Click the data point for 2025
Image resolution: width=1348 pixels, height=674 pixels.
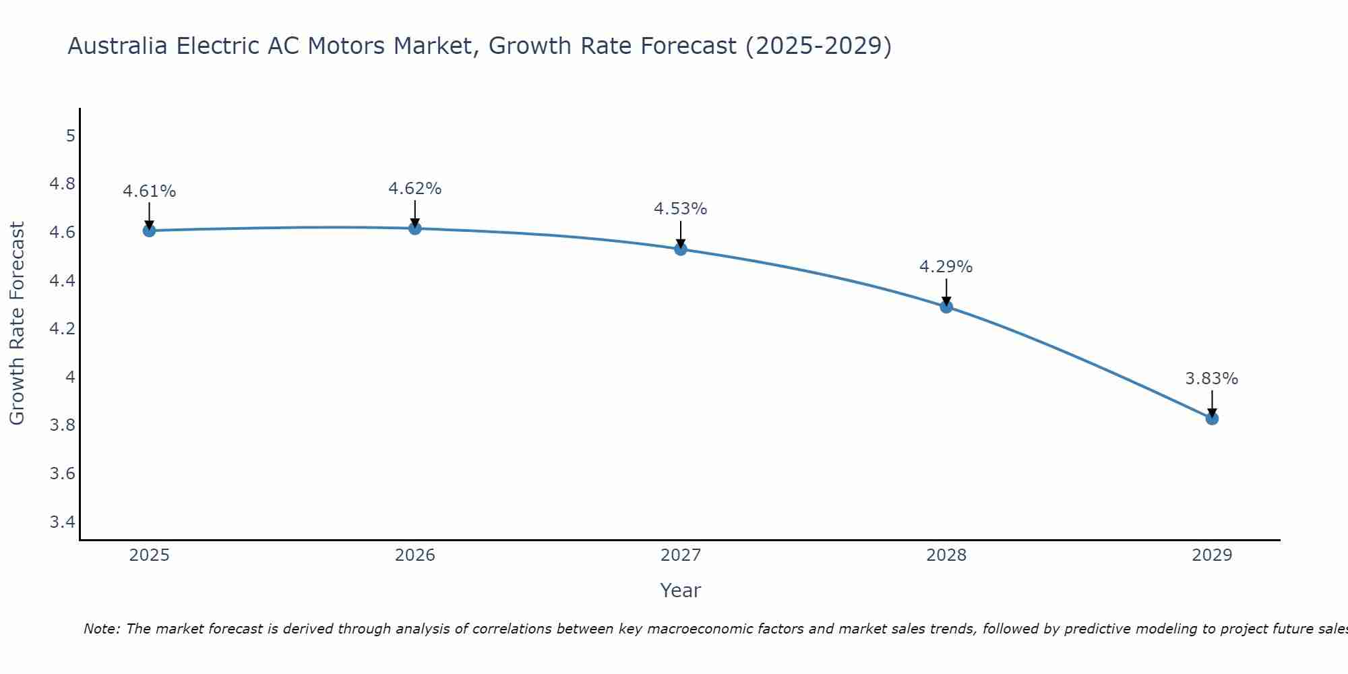click(149, 231)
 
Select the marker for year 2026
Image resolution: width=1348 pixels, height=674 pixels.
click(415, 228)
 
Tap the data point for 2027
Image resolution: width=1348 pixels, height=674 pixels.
click(681, 249)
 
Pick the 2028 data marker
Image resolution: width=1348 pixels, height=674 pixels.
click(946, 307)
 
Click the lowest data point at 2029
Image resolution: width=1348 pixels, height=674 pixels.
click(1212, 419)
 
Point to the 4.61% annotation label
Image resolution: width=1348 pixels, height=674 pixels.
click(149, 191)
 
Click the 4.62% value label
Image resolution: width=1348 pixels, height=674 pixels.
click(415, 189)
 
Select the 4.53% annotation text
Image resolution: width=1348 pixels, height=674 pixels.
click(681, 209)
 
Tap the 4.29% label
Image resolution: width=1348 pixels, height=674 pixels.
click(946, 267)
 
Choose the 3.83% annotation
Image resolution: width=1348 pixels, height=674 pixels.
click(1212, 379)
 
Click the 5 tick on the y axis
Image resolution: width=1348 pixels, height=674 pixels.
click(70, 136)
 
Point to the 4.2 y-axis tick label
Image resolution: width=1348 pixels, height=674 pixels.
click(63, 329)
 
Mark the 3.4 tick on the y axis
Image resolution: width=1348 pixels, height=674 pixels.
click(63, 522)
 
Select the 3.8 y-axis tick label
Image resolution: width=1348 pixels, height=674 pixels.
click(63, 425)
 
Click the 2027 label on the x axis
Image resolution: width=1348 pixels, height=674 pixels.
click(681, 555)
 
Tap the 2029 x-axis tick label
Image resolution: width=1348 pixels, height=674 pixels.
click(1212, 555)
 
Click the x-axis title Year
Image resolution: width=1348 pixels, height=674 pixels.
click(681, 590)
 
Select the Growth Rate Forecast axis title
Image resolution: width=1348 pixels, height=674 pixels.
click(17, 324)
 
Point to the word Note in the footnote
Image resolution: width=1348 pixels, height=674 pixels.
click(101, 629)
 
